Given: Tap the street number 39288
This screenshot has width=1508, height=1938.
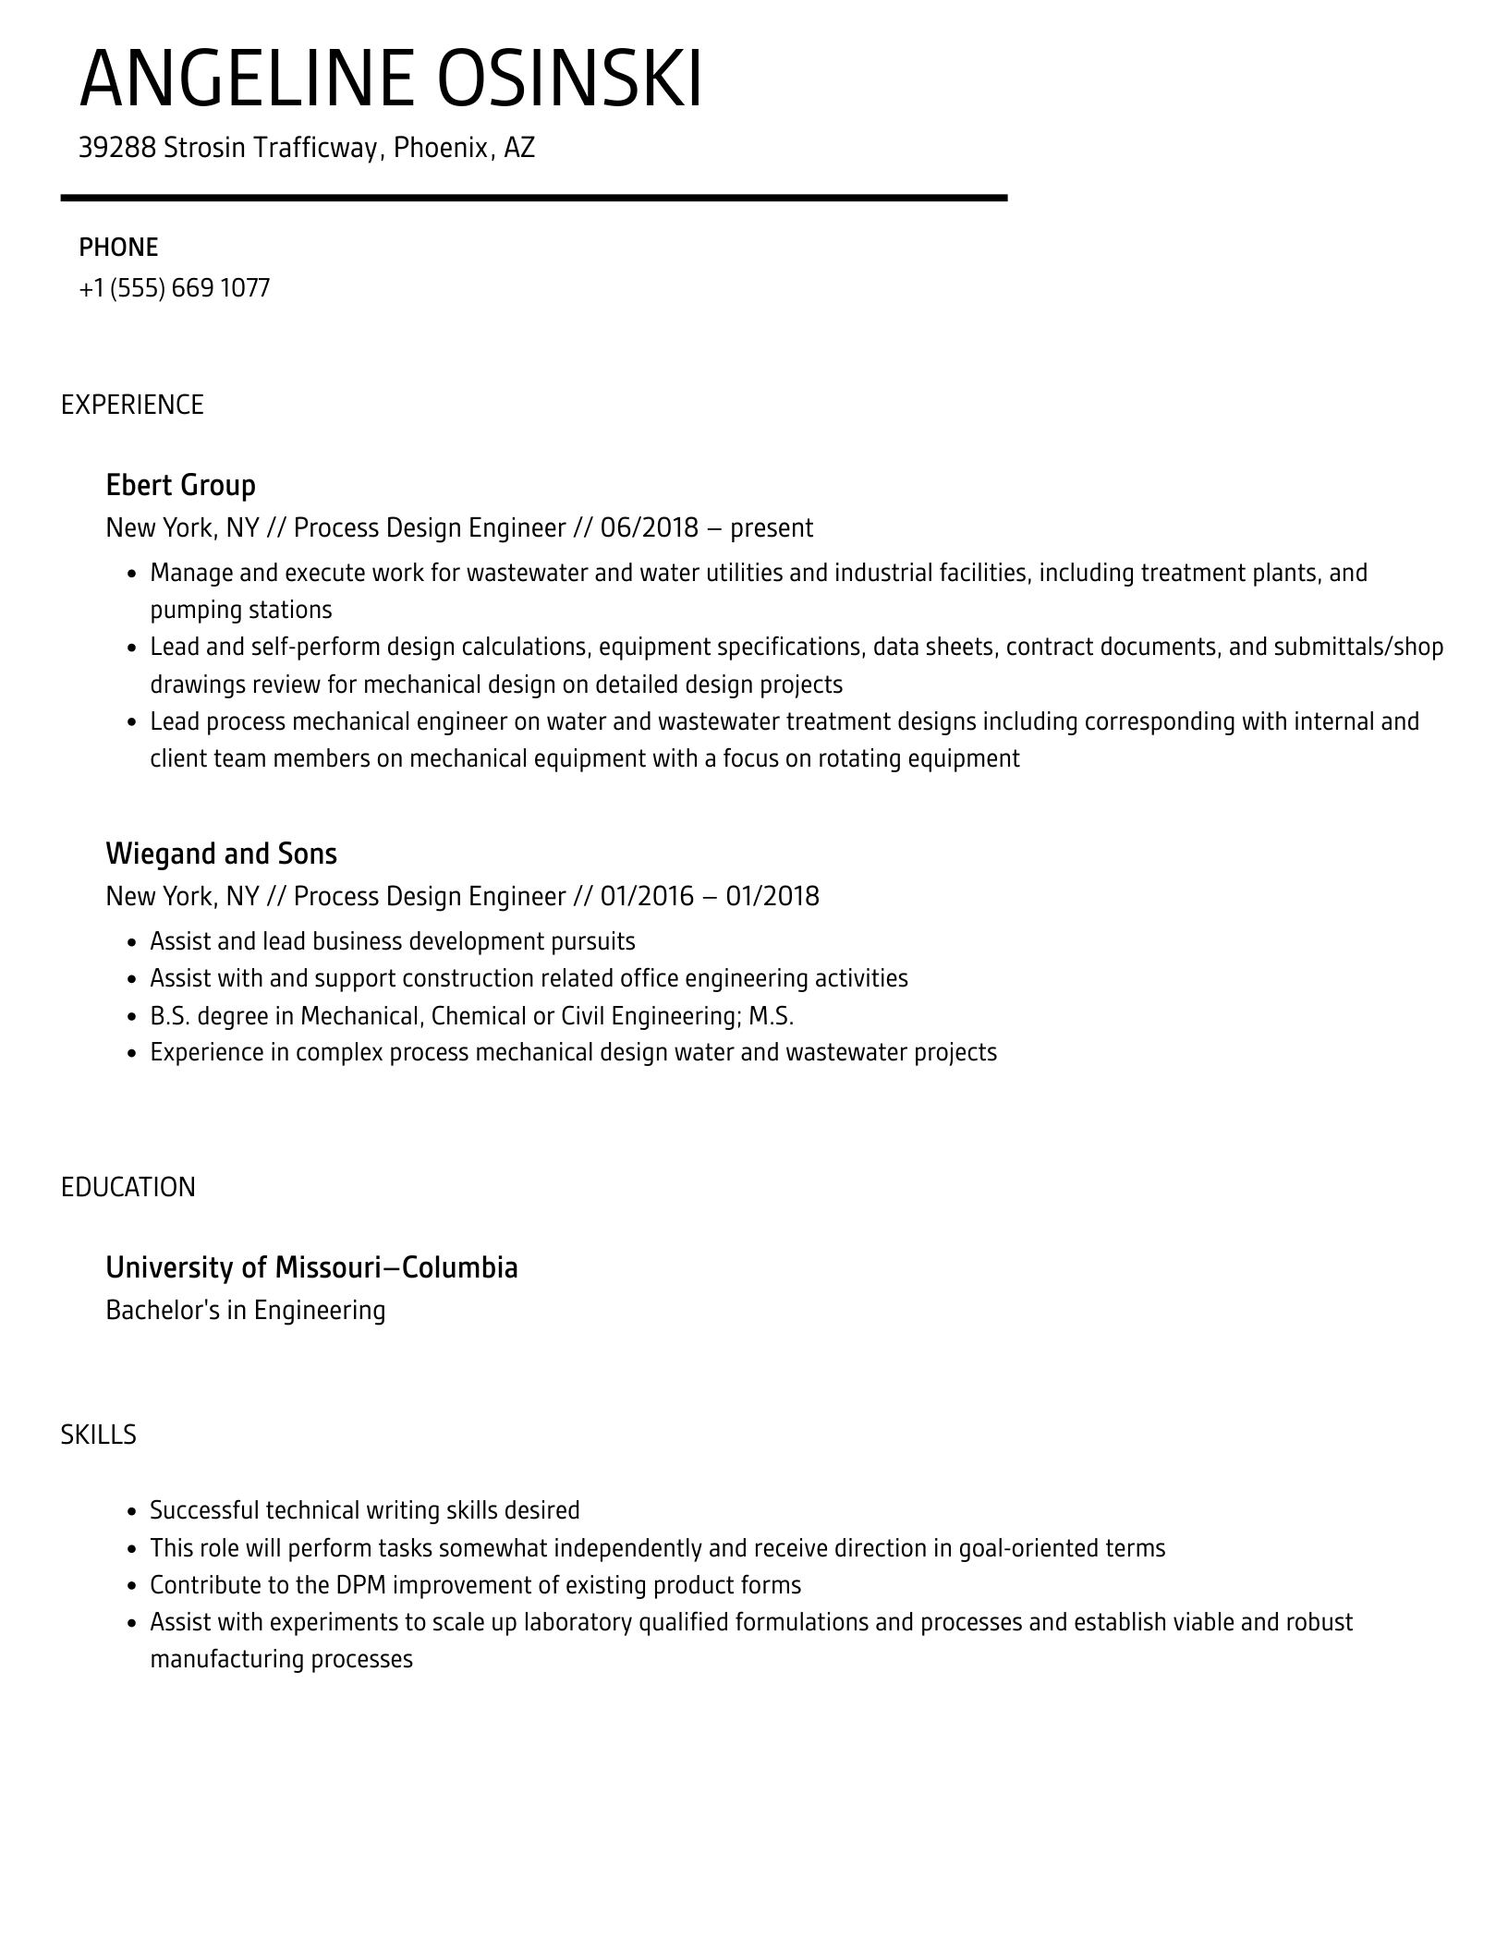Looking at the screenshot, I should pos(116,148).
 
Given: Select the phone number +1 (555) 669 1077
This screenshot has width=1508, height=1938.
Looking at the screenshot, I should pos(175,288).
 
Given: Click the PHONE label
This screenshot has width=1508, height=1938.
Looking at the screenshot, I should pos(118,248).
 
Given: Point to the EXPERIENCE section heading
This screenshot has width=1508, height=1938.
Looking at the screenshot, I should pos(132,405).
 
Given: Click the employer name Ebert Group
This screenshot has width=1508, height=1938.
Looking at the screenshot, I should pos(180,485).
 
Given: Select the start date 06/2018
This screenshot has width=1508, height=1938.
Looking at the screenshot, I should pos(649,527).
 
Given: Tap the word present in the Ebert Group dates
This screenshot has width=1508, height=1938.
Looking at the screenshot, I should pos(772,528).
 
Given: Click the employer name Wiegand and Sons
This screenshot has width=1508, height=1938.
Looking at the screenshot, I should pos(221,854).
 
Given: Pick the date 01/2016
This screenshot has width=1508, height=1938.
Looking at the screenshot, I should pos(647,896).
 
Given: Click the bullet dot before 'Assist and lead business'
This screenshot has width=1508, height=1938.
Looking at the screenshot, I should pos(131,942).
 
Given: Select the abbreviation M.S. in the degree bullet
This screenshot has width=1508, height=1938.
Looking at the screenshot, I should pos(771,1016).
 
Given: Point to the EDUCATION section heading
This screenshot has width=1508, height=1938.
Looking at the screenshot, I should pos(128,1187).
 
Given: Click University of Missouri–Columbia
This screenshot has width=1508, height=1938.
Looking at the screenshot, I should pos(311,1267).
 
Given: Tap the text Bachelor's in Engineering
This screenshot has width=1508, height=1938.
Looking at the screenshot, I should pos(245,1310).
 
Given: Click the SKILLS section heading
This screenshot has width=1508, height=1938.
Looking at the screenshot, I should pos(99,1435).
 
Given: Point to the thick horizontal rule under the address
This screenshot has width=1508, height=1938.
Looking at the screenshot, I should pos(533,198).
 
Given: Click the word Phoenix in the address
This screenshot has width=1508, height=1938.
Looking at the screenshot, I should pos(441,148).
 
